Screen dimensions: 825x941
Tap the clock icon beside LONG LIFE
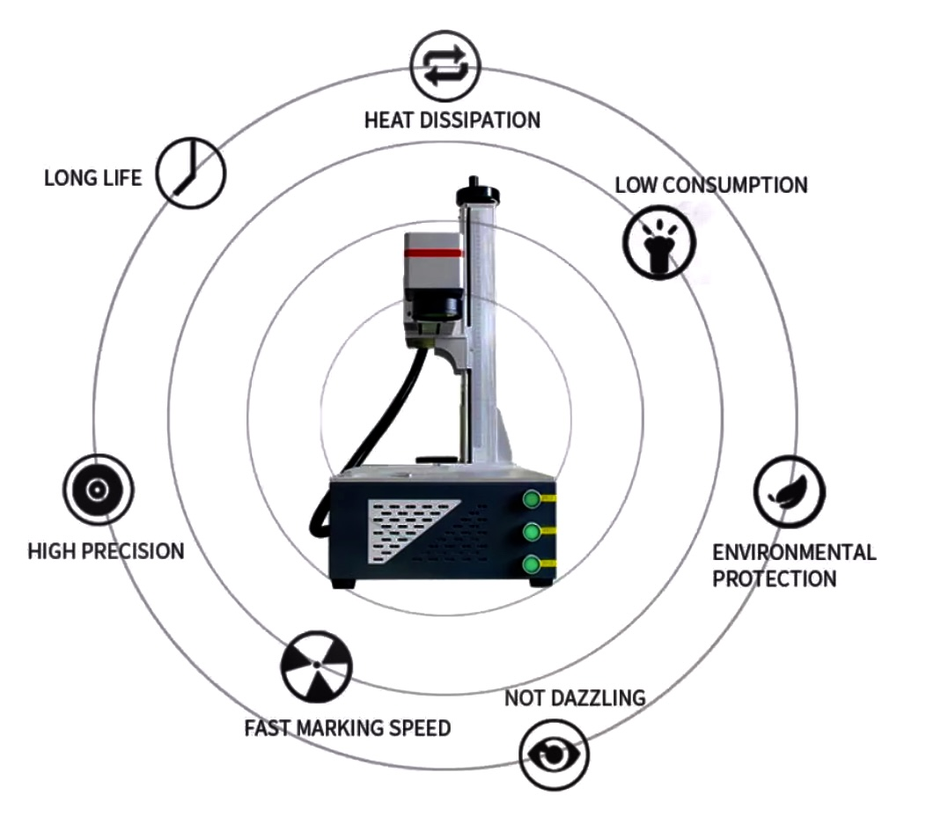(x=191, y=173)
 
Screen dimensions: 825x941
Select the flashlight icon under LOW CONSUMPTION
(x=658, y=242)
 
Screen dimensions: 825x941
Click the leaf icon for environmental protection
(x=789, y=491)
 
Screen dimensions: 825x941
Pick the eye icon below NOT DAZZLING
(x=553, y=755)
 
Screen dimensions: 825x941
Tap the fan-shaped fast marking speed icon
(x=316, y=666)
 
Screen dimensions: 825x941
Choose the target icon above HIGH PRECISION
(x=98, y=490)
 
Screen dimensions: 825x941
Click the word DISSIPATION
(x=487, y=120)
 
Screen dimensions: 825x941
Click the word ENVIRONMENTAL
(x=794, y=552)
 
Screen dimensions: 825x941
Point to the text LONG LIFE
(x=92, y=178)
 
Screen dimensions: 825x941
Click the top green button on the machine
(x=532, y=500)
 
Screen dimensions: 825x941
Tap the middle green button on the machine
(x=532, y=533)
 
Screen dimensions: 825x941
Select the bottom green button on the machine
(x=532, y=565)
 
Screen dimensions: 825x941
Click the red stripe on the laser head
(x=432, y=253)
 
